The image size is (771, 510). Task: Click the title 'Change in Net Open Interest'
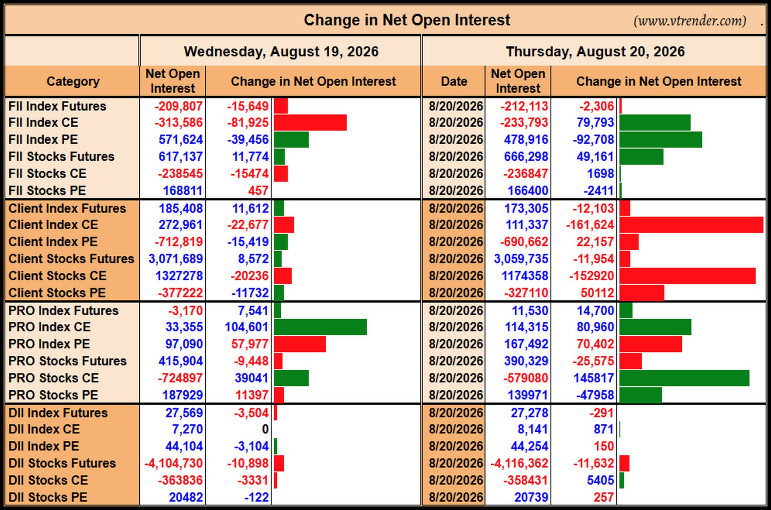[x=407, y=20]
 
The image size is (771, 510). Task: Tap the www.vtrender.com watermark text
[x=690, y=20]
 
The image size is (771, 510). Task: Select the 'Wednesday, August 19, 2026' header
[x=281, y=51]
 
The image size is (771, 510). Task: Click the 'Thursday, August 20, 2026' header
[x=595, y=51]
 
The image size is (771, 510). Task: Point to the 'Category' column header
[x=73, y=82]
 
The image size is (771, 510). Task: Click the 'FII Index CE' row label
[x=43, y=122]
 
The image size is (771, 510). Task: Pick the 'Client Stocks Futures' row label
[x=71, y=259]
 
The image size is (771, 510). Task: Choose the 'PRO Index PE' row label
[x=49, y=344]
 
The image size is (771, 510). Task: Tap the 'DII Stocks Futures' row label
[x=62, y=463]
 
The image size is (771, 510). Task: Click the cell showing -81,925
[x=248, y=122]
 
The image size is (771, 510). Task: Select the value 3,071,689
[x=175, y=259]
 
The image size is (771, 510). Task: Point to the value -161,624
[x=590, y=225]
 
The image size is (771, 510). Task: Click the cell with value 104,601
[x=246, y=327]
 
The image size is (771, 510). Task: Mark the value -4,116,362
[x=519, y=463]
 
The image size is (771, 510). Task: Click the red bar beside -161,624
[x=691, y=225]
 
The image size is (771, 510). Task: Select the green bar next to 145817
[x=684, y=378]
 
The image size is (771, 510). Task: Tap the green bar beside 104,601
[x=320, y=327]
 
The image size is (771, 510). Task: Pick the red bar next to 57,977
[x=300, y=344]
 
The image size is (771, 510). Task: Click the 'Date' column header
[x=454, y=82]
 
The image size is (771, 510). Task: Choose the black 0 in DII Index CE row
[x=265, y=429]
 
